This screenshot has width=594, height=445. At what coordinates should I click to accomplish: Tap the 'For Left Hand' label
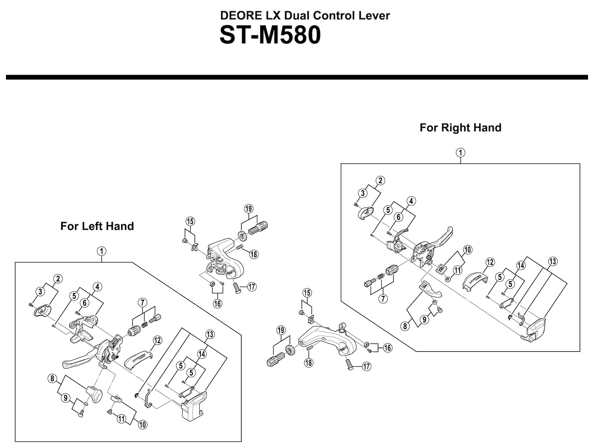[97, 226]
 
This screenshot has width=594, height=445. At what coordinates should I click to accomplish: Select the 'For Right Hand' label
[460, 128]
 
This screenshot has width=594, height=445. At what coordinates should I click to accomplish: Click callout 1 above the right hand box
[460, 152]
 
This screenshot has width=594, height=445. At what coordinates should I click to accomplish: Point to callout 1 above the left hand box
[101, 251]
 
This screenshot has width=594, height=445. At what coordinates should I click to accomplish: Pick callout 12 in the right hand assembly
[490, 262]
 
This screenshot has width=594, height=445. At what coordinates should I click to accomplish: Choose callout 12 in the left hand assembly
[157, 340]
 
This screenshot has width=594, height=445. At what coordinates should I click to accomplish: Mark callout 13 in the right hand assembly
[552, 261]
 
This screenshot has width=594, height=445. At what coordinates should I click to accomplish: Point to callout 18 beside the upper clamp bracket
[254, 254]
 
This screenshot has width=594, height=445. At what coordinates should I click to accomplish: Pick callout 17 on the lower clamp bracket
[366, 367]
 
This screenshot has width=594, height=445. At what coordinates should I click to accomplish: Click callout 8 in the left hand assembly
[52, 379]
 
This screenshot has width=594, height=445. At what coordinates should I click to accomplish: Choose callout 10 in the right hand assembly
[467, 250]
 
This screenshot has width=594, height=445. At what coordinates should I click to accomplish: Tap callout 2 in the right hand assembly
[380, 181]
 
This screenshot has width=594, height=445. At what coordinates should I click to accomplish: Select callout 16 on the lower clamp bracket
[387, 348]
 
